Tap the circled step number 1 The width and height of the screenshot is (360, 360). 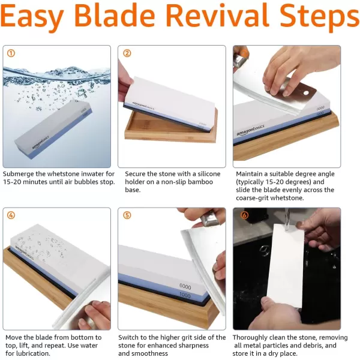click(11, 53)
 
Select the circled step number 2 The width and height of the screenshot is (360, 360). click(127, 53)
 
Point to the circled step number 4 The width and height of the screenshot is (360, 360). click(11, 215)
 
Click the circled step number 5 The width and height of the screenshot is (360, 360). click(127, 215)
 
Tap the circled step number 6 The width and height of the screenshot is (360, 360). click(244, 215)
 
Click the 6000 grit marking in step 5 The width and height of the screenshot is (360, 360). click(185, 287)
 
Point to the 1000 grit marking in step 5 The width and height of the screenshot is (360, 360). click(185, 295)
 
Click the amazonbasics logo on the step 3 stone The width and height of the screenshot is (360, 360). click(250, 130)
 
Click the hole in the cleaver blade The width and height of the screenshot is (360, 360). click(306, 93)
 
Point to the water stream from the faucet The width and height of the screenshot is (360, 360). click(287, 219)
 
